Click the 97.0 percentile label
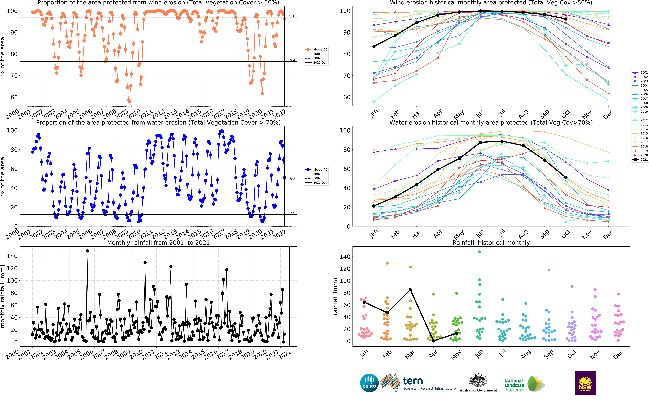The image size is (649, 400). click(x=291, y=16)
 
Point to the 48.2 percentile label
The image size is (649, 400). click(x=291, y=179)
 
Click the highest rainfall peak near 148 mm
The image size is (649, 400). click(x=87, y=251)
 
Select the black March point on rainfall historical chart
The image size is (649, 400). click(x=410, y=290)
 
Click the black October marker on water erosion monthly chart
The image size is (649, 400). click(x=566, y=178)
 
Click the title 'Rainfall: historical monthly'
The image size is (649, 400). click(x=491, y=243)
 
